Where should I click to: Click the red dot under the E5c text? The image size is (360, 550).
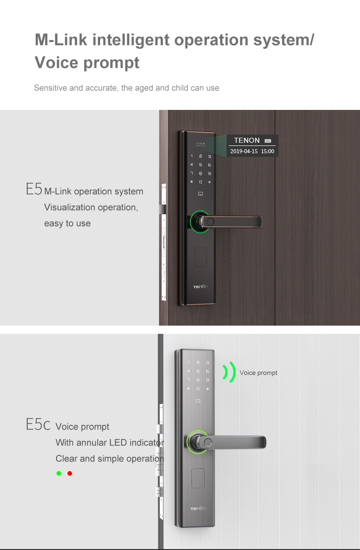tap(70, 473)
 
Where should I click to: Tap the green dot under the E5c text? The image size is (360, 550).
tap(59, 473)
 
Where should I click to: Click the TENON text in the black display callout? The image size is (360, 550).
tap(247, 140)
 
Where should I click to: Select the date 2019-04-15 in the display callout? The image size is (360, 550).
tap(244, 151)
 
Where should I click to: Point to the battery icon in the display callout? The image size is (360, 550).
tap(268, 140)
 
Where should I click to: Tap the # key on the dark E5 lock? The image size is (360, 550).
tap(209, 182)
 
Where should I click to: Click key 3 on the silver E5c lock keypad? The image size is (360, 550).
tap(207, 363)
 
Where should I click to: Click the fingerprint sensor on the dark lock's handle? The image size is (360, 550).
tap(211, 222)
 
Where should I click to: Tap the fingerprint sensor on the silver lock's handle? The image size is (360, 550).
tap(208, 442)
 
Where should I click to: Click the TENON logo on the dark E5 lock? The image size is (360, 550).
tap(200, 286)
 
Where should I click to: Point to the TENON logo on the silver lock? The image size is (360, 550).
tap(198, 508)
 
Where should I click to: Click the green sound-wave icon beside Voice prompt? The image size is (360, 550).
tap(229, 372)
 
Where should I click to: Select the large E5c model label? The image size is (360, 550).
tap(38, 424)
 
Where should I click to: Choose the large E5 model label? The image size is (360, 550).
tap(34, 189)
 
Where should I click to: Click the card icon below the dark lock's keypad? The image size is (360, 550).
tap(201, 194)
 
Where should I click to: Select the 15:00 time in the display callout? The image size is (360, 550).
tap(267, 151)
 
